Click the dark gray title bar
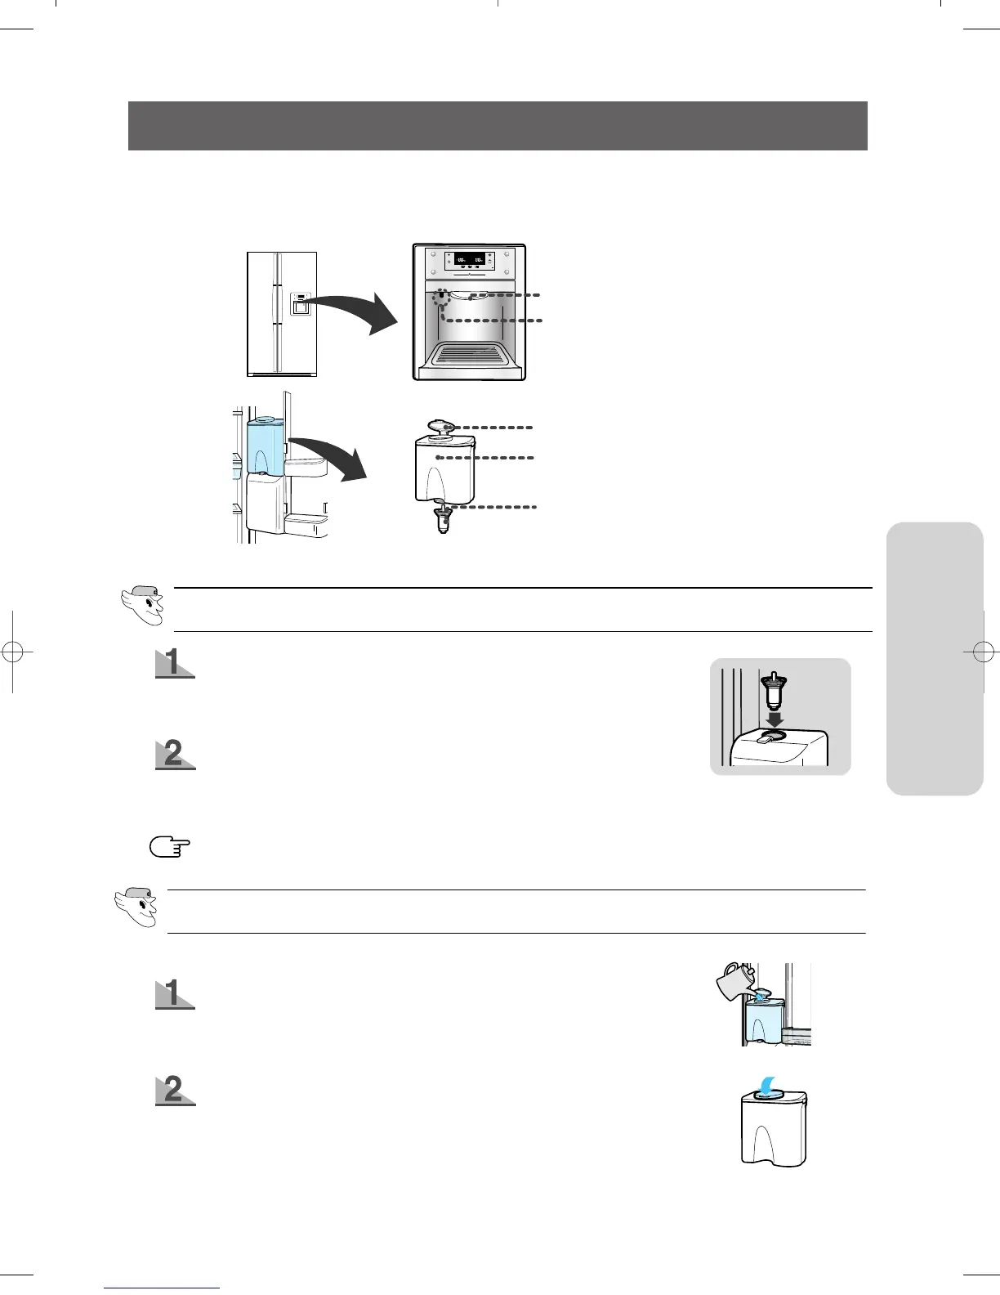(497, 126)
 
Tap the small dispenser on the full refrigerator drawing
(300, 304)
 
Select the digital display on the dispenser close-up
(470, 262)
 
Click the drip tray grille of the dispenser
(469, 354)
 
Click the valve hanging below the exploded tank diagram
(442, 517)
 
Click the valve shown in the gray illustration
(774, 692)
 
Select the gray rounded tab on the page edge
(934, 658)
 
